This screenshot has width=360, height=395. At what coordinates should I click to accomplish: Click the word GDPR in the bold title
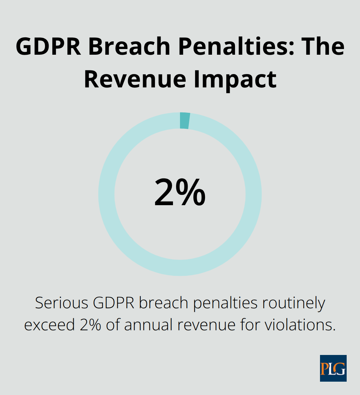point(48,46)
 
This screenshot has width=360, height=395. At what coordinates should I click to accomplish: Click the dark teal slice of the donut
point(185,120)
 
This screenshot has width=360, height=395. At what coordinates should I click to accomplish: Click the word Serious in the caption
point(62,303)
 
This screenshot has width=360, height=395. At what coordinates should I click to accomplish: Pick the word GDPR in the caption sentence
point(114,303)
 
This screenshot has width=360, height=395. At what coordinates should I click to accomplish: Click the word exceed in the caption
point(50,325)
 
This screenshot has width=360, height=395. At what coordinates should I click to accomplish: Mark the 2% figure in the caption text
point(90,325)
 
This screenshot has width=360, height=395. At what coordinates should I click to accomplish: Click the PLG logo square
point(333,368)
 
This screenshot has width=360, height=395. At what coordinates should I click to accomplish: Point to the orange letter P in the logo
point(324,369)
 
